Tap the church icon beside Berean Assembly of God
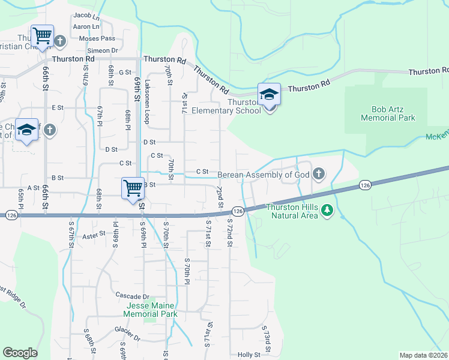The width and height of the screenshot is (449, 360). [318, 175]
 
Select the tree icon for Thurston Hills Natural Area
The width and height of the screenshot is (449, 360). [327, 210]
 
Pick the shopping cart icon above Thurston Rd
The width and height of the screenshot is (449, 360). [43, 36]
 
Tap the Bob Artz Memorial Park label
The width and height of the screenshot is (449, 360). [388, 114]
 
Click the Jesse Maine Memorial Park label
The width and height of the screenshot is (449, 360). [151, 310]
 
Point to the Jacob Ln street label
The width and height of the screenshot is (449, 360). [86, 15]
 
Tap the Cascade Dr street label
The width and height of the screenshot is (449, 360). [133, 296]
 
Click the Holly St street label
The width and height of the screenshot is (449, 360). [249, 355]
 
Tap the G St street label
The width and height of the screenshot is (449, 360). [125, 72]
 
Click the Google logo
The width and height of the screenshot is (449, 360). [20, 353]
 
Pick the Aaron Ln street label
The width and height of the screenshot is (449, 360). [86, 27]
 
